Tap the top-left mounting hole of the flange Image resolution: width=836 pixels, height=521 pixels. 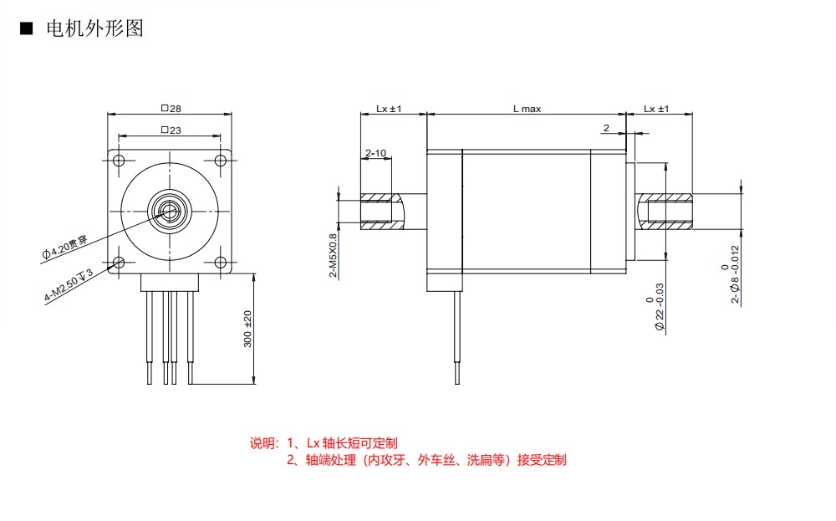click(119, 161)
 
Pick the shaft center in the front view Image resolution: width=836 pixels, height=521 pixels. click(170, 209)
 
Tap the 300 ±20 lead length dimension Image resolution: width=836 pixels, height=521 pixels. click(247, 329)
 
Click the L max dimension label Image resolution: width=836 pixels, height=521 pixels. click(527, 109)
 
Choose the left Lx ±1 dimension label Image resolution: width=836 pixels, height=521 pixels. click(389, 109)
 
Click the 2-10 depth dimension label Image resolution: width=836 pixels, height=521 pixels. click(375, 153)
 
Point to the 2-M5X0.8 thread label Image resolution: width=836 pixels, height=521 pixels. click(331, 254)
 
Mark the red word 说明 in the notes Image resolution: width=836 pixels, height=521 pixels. click(263, 443)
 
